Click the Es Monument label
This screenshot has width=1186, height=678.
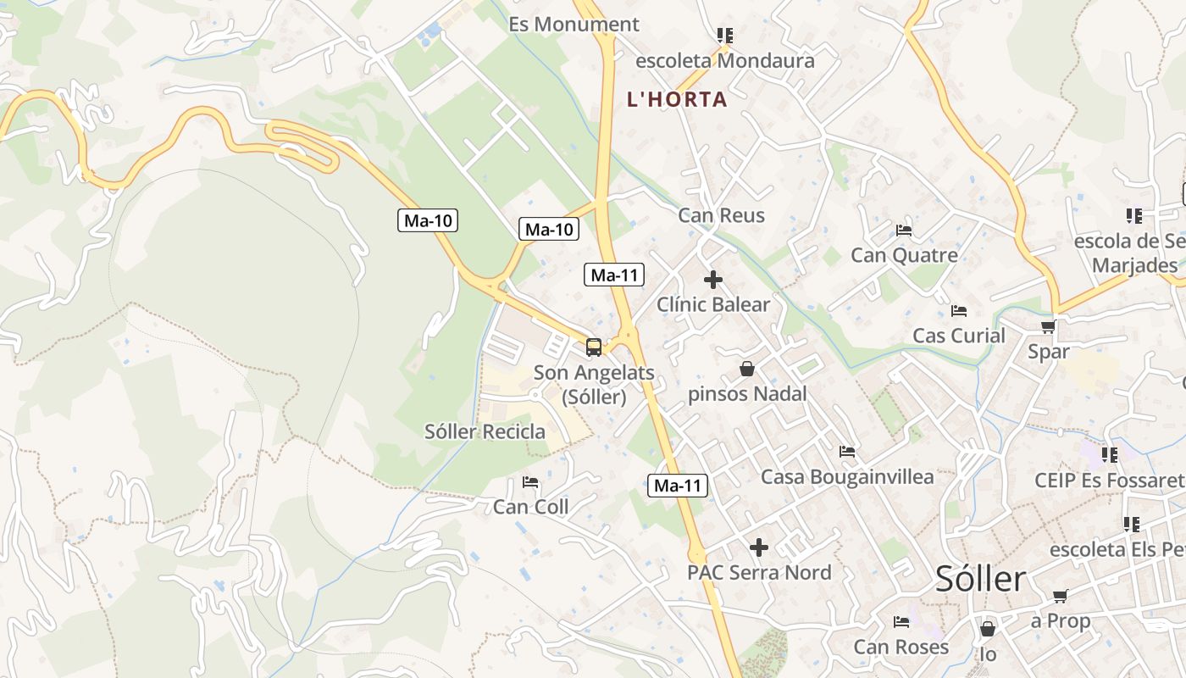[574, 25]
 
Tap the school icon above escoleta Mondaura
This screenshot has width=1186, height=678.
[724, 36]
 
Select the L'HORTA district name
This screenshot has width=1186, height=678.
[677, 99]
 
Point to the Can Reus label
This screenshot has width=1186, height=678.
[721, 215]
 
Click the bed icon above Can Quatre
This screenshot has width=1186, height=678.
[904, 231]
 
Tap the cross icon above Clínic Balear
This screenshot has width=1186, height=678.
[713, 279]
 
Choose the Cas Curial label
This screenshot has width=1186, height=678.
[958, 336]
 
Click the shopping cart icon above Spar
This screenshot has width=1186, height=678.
[1048, 326]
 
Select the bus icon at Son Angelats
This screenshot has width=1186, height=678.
[594, 347]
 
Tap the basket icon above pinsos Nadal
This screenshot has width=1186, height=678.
[746, 369]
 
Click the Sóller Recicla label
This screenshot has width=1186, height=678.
[485, 431]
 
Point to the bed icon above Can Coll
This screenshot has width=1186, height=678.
[530, 482]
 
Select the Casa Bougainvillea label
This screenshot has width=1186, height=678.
[847, 477]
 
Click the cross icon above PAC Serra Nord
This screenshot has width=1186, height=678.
[759, 547]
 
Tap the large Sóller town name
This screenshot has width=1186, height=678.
[980, 580]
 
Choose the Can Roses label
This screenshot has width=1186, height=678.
[901, 647]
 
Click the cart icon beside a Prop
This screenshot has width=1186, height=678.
[1059, 596]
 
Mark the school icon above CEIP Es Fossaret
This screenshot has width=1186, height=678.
[1109, 456]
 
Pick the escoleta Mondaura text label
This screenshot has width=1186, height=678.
[724, 61]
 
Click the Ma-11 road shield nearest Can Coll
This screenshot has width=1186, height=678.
[678, 486]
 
